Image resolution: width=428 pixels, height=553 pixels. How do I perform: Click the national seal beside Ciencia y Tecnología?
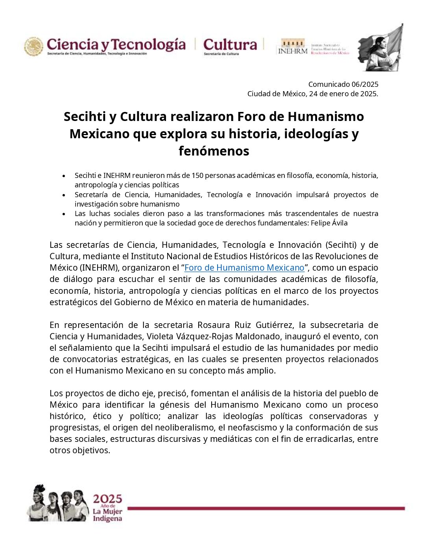click(34, 46)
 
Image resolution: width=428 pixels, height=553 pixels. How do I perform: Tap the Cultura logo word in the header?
click(230, 44)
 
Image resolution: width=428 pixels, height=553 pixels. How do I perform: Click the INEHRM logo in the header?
click(293, 47)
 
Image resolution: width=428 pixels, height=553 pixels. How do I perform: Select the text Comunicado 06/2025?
click(343, 84)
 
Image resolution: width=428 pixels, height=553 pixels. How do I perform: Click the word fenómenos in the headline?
click(214, 151)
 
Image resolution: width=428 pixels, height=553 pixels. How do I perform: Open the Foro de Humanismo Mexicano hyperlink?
click(244, 268)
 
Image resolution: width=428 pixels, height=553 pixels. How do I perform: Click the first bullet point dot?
click(64, 176)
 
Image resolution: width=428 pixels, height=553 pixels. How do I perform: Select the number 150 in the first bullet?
click(197, 176)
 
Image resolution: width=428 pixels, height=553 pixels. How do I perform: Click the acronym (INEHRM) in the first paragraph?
click(99, 268)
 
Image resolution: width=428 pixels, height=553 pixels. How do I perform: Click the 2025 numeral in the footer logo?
click(107, 499)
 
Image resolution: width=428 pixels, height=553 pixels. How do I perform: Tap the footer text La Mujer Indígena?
click(107, 515)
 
